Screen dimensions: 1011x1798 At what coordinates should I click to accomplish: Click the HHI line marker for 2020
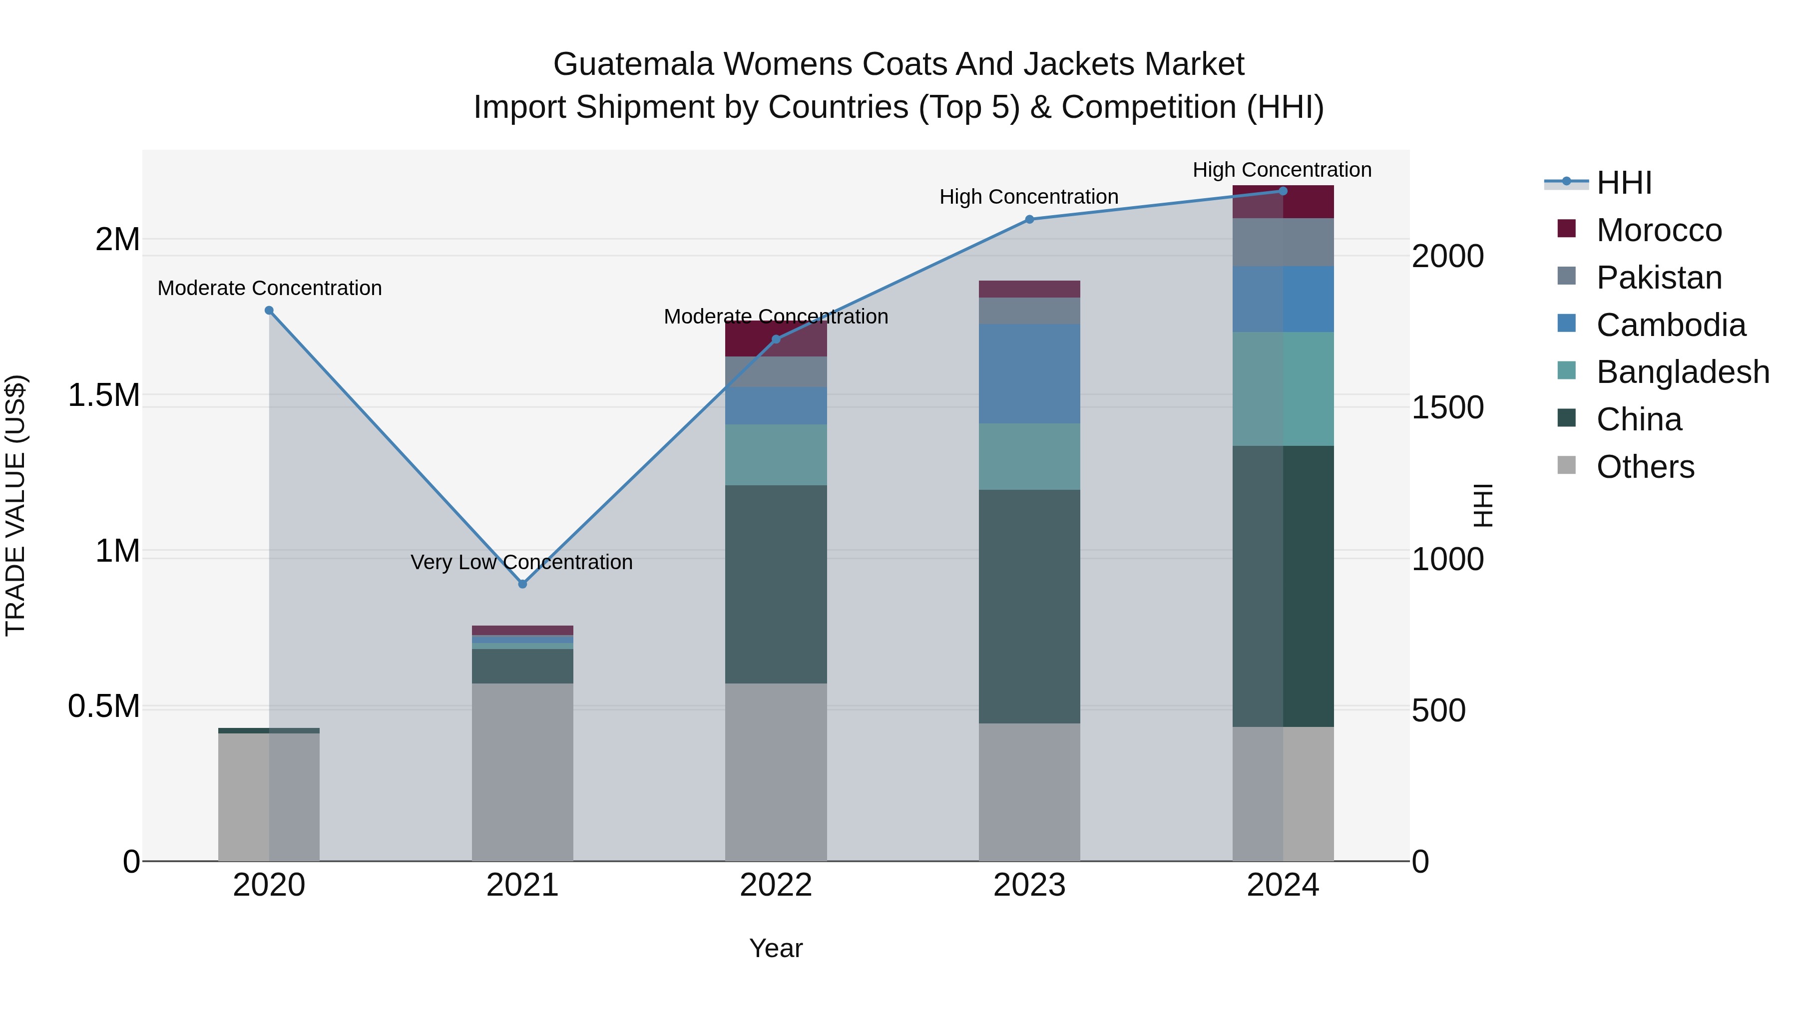[269, 311]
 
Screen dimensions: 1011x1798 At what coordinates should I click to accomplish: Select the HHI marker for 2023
[1029, 219]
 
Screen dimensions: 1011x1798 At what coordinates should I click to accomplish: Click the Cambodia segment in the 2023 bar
[1029, 373]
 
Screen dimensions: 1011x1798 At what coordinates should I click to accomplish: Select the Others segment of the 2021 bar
[522, 771]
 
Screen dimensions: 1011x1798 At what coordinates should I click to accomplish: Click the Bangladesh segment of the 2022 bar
[776, 454]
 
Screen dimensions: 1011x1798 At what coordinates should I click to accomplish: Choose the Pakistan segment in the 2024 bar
[1283, 242]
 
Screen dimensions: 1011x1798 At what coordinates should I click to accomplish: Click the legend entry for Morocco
[1658, 230]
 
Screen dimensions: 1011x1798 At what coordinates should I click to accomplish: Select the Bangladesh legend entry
[1682, 372]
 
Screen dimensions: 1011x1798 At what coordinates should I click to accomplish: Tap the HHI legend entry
[1624, 183]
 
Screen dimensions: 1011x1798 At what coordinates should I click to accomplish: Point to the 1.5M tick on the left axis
[103, 395]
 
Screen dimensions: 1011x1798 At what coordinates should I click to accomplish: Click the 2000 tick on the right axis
[1447, 256]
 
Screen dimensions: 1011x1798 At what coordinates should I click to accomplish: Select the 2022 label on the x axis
[776, 885]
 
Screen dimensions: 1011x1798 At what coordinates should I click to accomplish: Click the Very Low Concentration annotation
[521, 562]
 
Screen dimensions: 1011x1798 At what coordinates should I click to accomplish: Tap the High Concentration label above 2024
[1282, 170]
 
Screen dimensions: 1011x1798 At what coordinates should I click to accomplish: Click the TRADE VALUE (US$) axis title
[15, 505]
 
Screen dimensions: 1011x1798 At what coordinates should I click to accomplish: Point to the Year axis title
[776, 948]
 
